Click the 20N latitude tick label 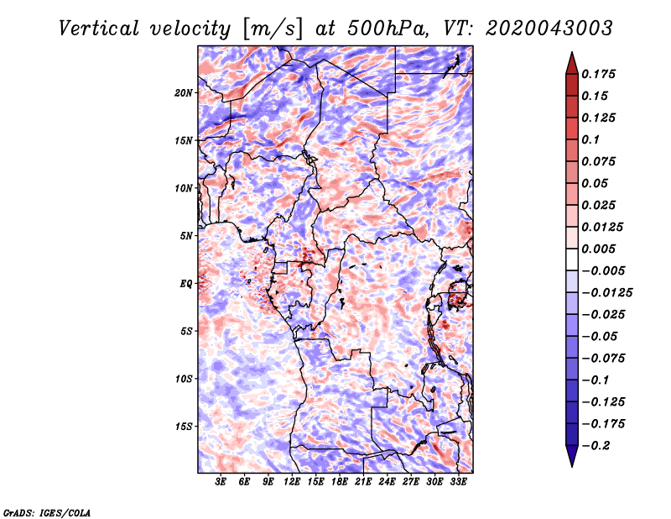coord(184,93)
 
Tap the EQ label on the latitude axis coord(186,284)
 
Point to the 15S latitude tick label coord(184,427)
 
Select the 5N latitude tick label coord(186,236)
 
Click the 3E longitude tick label coord(221,482)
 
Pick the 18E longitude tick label coord(340,482)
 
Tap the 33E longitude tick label coord(458,482)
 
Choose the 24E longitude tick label coord(387,482)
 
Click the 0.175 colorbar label coord(598,74)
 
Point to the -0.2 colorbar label coord(596,446)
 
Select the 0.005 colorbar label coord(598,249)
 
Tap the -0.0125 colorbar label coord(606,293)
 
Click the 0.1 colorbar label coord(590,139)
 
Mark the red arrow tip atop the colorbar coord(572,52)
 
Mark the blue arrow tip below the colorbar coord(572,467)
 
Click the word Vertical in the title coord(98,29)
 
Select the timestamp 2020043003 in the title coord(549,29)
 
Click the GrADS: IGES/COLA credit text coord(47,512)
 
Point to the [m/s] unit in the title coord(273,29)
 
